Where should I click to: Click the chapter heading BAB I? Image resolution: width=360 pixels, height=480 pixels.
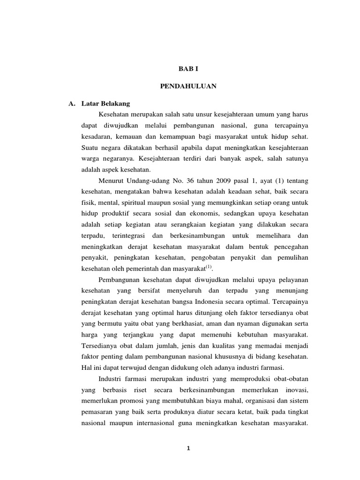click(186, 68)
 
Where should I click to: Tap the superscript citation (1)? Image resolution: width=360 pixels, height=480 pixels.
click(209, 267)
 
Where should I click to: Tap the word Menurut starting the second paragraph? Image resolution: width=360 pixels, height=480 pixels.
click(111, 181)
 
